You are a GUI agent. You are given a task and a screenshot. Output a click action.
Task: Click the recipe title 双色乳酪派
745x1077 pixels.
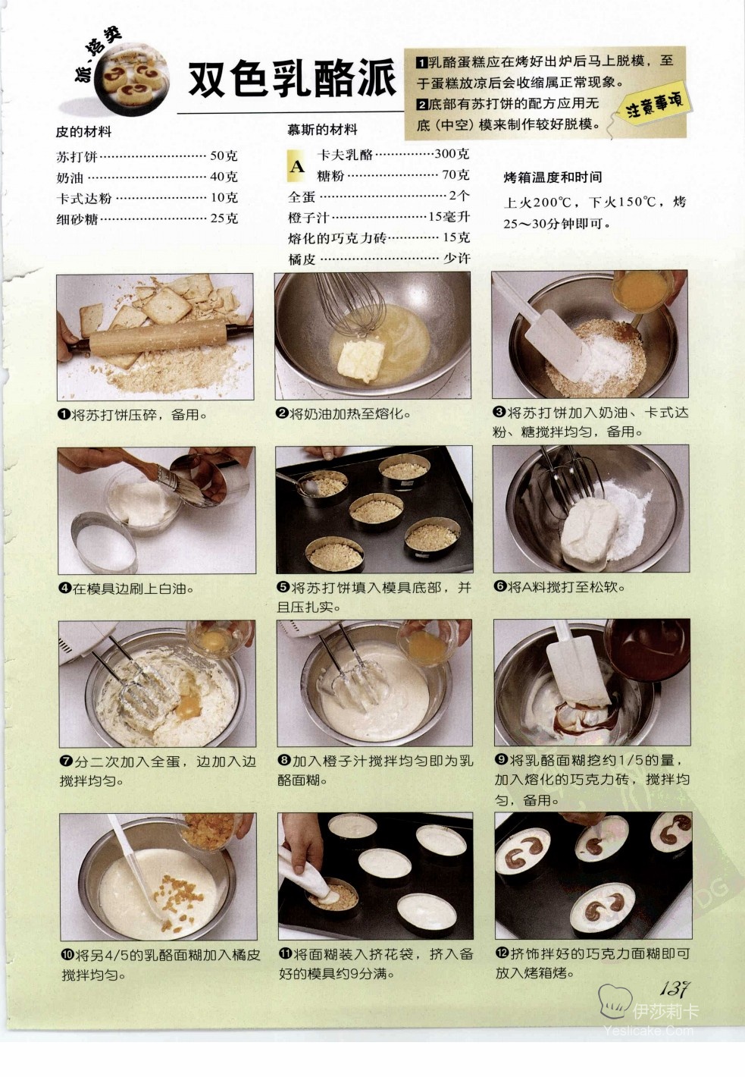tap(292, 79)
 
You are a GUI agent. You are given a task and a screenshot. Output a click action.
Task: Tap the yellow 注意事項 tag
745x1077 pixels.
tap(654, 105)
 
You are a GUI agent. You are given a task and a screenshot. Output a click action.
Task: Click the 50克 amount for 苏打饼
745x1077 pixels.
tap(224, 155)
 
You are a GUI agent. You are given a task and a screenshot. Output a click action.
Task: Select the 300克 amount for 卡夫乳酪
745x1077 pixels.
tap(452, 154)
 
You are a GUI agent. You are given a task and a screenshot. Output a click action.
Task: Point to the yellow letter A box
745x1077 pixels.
tap(297, 166)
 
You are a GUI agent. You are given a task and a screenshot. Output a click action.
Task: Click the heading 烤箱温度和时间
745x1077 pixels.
tap(552, 177)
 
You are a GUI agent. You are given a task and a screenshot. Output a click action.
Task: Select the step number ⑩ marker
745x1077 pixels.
tap(67, 965)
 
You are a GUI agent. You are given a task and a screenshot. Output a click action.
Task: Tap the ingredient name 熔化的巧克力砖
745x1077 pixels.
tap(338, 238)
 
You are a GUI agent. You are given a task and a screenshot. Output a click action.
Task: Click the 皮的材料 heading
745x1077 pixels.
tap(83, 131)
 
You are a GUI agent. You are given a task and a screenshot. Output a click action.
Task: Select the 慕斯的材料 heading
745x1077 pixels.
tap(322, 130)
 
